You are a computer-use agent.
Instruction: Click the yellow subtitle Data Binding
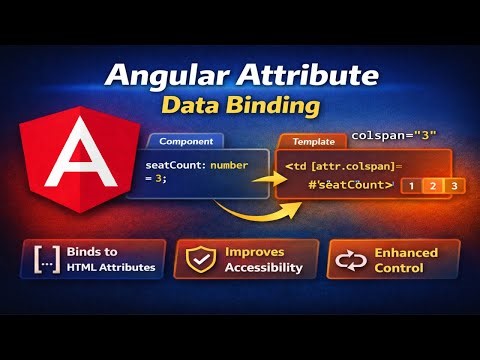(240, 105)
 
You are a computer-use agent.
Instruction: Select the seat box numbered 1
(410, 185)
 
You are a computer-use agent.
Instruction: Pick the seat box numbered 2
(432, 185)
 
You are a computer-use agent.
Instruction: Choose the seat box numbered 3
(454, 185)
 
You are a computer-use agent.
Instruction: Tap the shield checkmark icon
(199, 259)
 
